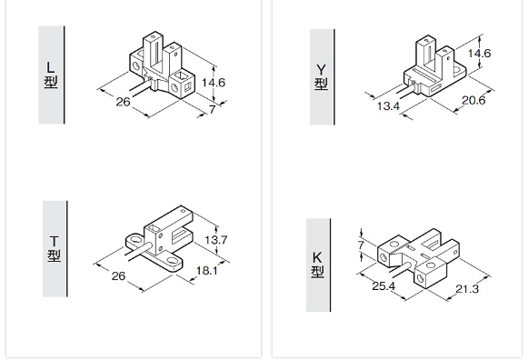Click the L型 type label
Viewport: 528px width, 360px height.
point(51,75)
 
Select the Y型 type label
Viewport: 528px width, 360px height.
point(321,76)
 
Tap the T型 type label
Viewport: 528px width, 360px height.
point(54,249)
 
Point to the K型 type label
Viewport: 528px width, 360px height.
point(317,265)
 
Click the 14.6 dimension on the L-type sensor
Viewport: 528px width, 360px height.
point(214,83)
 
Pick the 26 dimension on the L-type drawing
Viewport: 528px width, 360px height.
point(123,102)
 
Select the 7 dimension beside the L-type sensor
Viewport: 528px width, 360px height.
point(212,110)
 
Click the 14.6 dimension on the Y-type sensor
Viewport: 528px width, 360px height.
point(479,54)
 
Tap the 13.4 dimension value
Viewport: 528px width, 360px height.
point(388,106)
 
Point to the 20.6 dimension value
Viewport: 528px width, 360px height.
point(473,100)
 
